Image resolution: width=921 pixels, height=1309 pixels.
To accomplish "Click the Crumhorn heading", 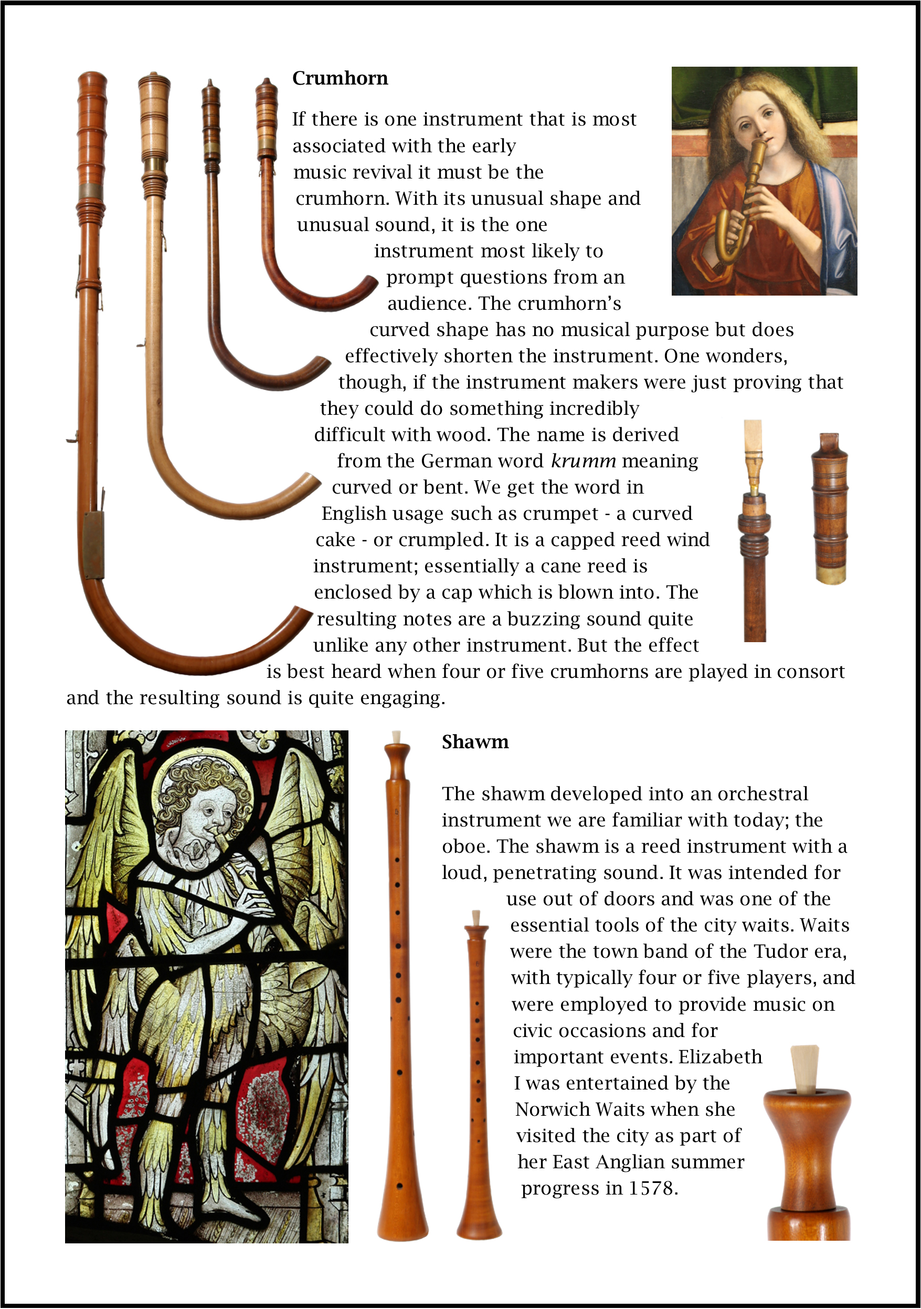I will click(340, 78).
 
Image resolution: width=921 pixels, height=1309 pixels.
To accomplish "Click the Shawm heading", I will click(475, 742).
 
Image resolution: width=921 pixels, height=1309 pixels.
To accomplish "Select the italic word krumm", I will click(583, 460).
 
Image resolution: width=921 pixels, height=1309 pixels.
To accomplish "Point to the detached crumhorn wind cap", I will click(830, 507).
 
